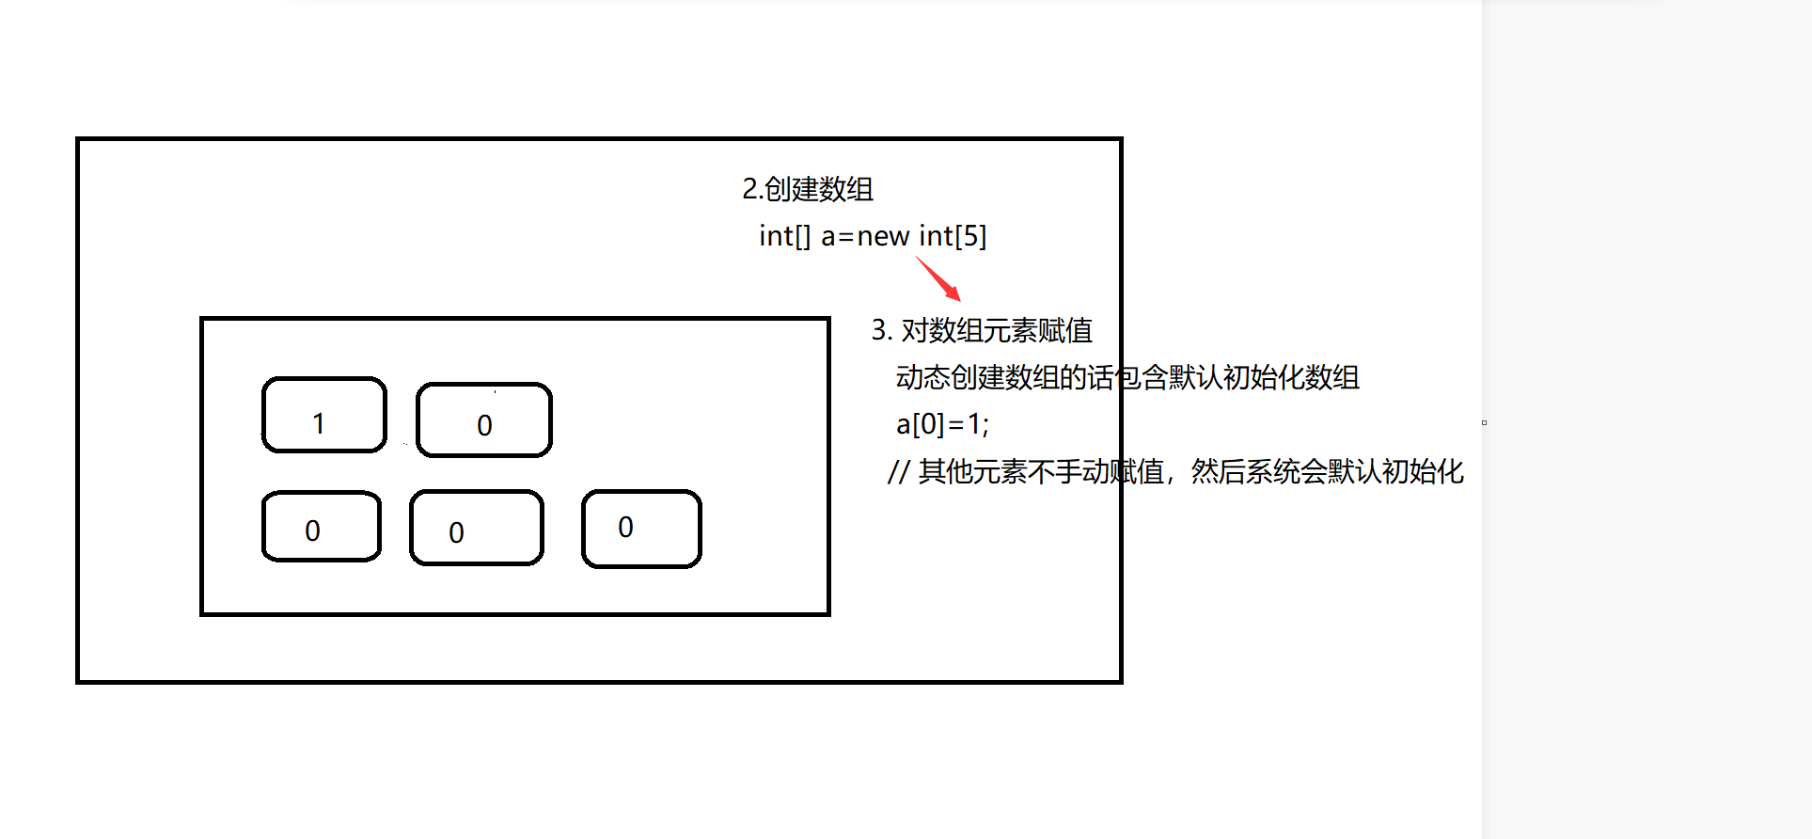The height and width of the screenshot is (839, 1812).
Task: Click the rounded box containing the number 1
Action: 323,415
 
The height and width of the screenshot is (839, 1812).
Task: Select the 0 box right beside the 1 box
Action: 483,420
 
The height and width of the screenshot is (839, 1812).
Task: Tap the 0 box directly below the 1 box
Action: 321,527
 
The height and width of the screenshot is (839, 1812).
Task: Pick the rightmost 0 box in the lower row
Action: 641,529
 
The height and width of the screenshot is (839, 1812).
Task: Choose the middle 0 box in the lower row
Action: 476,528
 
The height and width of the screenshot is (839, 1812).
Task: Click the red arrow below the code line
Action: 938,278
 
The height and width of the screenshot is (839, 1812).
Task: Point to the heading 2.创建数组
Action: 807,189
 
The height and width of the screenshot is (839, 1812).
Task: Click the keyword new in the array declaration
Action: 882,236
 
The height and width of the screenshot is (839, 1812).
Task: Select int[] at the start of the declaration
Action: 784,236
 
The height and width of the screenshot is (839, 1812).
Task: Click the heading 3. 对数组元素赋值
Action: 982,330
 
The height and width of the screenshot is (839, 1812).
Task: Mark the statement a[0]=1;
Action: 942,424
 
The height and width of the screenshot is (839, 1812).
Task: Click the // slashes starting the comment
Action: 898,471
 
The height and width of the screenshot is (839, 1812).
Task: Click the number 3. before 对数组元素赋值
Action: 880,330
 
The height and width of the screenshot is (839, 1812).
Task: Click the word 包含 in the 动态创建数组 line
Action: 1142,377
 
